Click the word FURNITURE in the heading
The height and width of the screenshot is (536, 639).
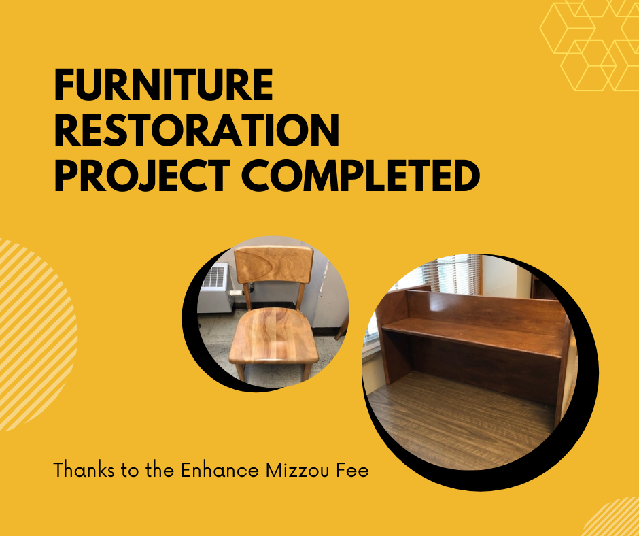pos(163,84)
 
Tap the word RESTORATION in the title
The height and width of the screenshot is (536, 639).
pos(197,130)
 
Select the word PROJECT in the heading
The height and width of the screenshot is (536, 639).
pos(142,175)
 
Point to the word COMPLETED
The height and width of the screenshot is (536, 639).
pos(361,175)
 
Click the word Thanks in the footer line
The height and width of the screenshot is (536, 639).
pos(84,469)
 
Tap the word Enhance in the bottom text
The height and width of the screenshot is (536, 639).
pos(220,469)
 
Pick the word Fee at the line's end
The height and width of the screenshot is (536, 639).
pos(353,469)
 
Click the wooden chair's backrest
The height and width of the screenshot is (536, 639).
pos(274,265)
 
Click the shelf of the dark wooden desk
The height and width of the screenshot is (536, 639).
pos(472,336)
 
